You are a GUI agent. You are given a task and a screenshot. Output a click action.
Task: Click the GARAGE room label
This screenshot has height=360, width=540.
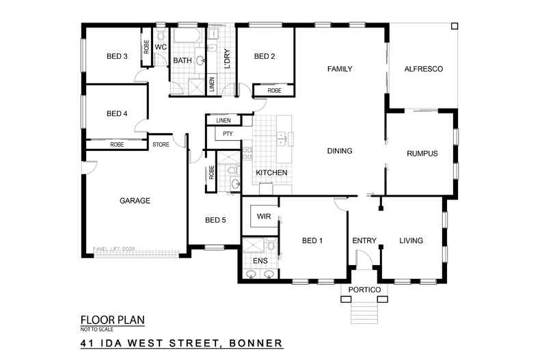(135, 201)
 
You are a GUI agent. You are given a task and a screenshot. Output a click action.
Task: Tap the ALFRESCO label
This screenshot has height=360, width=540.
(424, 69)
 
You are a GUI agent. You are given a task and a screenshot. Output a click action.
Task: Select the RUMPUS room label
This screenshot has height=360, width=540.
(422, 153)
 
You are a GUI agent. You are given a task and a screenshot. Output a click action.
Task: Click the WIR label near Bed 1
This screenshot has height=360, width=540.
(264, 217)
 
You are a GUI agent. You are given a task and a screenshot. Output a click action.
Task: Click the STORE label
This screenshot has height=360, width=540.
(161, 145)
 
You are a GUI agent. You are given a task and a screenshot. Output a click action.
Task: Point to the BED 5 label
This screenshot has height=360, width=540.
(215, 220)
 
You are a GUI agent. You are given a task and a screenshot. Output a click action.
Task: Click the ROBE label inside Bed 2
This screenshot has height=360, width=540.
(274, 90)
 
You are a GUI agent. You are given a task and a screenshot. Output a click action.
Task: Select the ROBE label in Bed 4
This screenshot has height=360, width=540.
(117, 145)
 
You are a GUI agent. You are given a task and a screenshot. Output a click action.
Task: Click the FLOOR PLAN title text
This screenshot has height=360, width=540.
(112, 319)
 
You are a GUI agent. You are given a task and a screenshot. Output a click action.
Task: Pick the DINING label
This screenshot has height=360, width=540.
(339, 152)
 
